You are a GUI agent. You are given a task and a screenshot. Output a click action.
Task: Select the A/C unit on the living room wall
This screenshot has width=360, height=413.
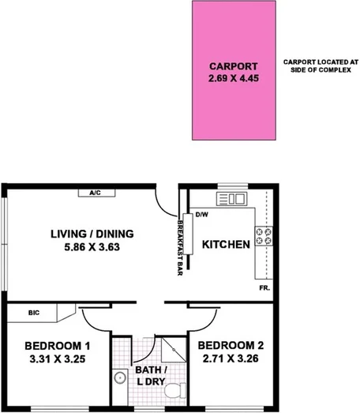click(x=94, y=192)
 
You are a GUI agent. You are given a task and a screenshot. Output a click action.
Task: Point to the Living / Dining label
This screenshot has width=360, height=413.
click(x=92, y=234)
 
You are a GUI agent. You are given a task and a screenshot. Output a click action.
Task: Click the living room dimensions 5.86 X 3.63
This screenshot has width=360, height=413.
click(x=92, y=247)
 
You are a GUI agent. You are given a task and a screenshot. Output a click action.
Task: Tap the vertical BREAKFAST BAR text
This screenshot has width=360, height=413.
click(x=180, y=244)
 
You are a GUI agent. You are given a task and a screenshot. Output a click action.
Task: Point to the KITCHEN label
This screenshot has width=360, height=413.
click(x=227, y=245)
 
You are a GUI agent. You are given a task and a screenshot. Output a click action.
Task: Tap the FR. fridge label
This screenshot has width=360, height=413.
click(x=264, y=289)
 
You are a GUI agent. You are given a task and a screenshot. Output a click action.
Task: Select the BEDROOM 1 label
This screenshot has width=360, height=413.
click(x=57, y=346)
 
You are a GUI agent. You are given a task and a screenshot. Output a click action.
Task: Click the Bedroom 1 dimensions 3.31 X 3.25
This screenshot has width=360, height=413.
click(x=57, y=359)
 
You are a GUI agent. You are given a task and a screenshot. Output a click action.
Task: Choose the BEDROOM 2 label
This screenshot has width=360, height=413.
click(x=230, y=346)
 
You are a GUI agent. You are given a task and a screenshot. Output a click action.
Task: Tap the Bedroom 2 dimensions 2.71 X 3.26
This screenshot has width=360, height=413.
click(x=230, y=359)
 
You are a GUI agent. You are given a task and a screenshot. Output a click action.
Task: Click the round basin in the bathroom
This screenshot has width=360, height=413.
click(x=119, y=378)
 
